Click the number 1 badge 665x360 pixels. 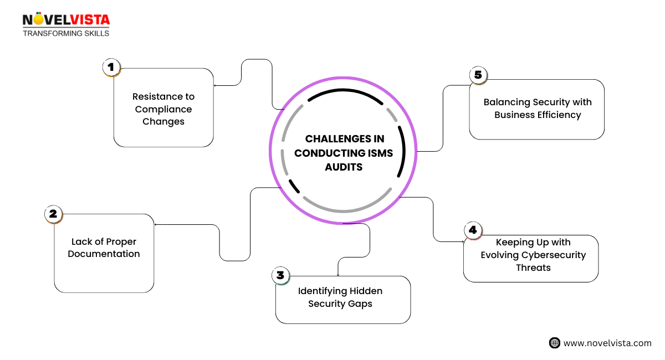pos(111,68)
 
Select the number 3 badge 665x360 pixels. pos(280,275)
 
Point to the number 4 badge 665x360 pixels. pos(472,230)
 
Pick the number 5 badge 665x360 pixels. pos(477,75)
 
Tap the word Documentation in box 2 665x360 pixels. pos(104,254)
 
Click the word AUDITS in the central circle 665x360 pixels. pos(344,167)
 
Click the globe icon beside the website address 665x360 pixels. pos(555,343)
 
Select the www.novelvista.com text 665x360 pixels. pos(607,343)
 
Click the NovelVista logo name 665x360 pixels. pos(66,20)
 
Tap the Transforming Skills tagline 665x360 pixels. pos(66,33)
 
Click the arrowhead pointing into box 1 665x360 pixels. pos(216,85)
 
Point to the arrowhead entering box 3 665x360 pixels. pos(337,274)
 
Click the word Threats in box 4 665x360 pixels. pos(530,268)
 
